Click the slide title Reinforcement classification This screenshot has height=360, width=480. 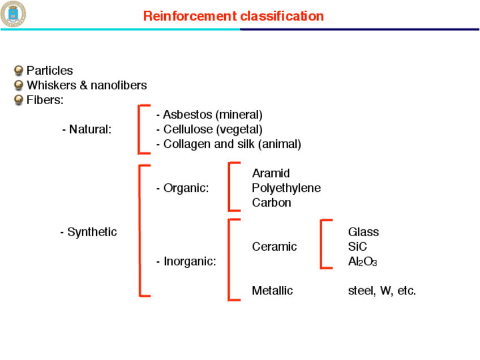(233, 16)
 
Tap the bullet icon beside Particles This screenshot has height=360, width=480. (19, 71)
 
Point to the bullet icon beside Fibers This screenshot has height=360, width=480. (19, 100)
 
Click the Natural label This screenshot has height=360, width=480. (89, 130)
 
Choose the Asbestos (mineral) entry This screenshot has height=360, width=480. (209, 115)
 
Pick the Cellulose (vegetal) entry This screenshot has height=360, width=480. (209, 130)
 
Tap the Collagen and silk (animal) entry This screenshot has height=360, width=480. (229, 144)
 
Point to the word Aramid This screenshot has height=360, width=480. (271, 173)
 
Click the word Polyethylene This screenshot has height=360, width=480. (286, 188)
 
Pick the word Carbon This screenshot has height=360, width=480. (272, 203)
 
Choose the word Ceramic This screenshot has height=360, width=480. (274, 247)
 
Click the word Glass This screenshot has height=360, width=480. (363, 232)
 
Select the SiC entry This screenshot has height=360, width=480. (357, 247)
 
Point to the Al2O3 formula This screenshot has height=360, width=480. (362, 262)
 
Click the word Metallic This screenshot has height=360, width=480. (272, 291)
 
